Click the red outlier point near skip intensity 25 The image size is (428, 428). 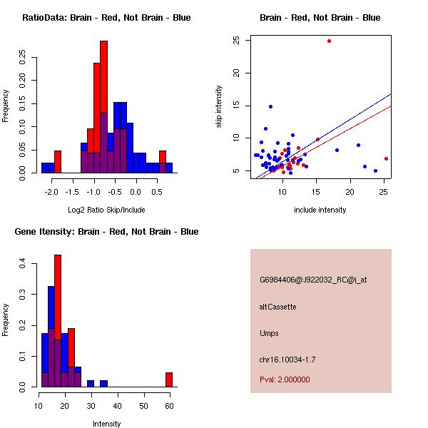(329, 41)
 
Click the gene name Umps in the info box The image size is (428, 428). (269, 333)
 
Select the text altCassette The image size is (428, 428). (277, 307)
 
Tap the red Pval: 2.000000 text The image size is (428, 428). (285, 379)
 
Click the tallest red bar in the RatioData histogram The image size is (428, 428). (103, 107)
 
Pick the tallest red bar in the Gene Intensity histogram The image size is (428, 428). (58, 321)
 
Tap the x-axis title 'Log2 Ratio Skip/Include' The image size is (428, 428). (106, 210)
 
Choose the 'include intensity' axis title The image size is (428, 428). (320, 210)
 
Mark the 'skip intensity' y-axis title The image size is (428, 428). (220, 106)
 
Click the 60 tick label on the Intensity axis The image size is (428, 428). (169, 406)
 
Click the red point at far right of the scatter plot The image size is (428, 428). (386, 158)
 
